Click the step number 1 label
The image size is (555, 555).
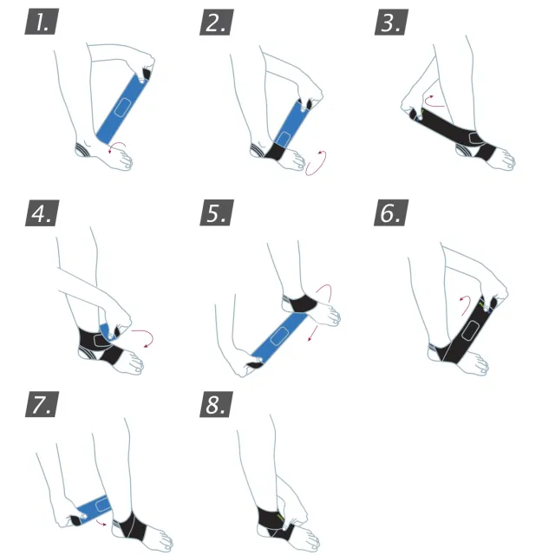tap(42, 22)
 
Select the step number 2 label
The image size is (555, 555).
tap(217, 23)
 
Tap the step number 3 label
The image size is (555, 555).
tap(391, 23)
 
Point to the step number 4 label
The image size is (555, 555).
tap(42, 213)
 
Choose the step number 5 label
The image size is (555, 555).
tap(217, 212)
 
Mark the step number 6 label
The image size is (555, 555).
tap(391, 212)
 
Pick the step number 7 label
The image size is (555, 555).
tap(42, 404)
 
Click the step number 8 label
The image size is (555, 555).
tap(216, 404)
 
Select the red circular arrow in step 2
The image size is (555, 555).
tap(316, 163)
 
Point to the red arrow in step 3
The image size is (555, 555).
tap(434, 102)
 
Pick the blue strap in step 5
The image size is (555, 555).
tap(279, 336)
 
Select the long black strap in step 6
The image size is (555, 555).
tap(467, 331)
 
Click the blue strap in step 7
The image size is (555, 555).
tap(94, 508)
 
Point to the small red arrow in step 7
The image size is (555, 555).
tap(101, 523)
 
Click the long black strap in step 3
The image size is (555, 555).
tap(449, 128)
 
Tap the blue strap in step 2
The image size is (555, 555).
tap(291, 124)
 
